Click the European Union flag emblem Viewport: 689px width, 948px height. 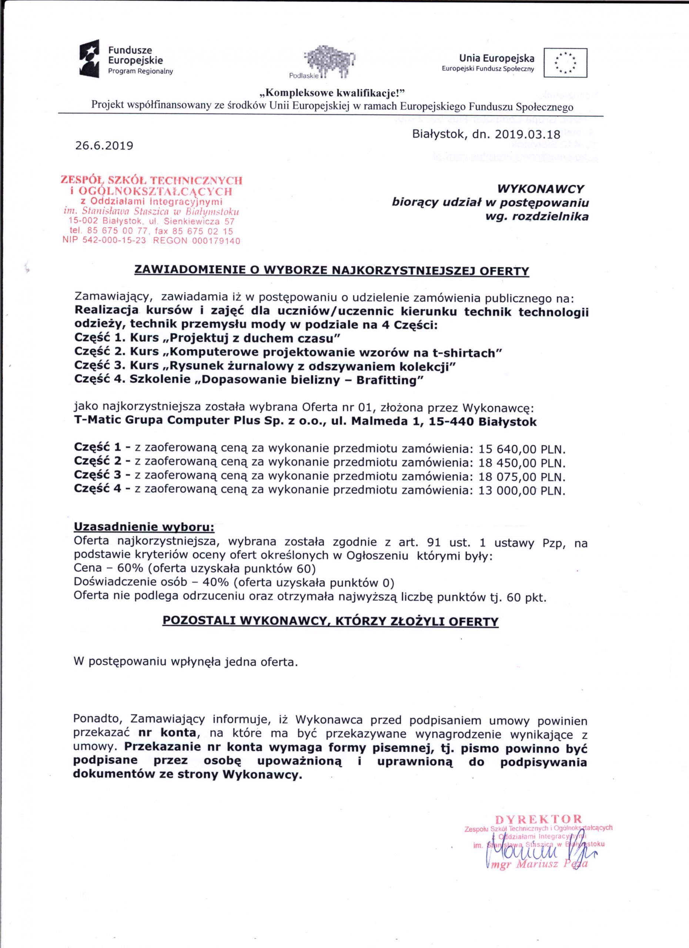tap(565, 63)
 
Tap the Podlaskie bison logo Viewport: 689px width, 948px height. tap(329, 62)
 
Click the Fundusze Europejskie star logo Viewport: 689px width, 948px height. tap(90, 58)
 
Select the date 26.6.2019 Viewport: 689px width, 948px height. tap(104, 146)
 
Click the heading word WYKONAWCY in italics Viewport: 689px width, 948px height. tap(540, 189)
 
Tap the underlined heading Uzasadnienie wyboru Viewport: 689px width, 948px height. tap(144, 527)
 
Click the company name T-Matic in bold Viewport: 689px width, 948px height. tap(97, 421)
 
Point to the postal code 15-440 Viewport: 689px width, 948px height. tap(453, 421)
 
